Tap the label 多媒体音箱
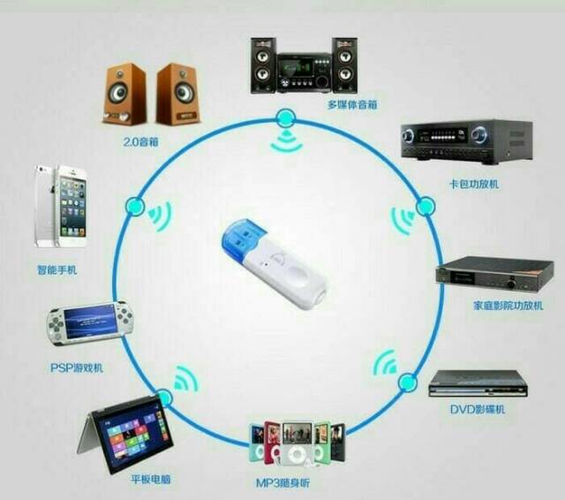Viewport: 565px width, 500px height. pos(351,104)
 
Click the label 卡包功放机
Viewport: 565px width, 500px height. pos(473,183)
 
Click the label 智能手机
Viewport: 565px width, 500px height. pos(55,269)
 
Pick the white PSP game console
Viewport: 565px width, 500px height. pos(87,323)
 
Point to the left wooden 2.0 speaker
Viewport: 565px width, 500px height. pos(127,94)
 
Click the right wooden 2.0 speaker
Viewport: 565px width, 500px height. pos(178,95)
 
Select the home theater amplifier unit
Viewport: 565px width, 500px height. pos(493,274)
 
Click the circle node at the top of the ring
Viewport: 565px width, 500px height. pos(284,117)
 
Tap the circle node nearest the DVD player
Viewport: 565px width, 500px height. pos(407,383)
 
